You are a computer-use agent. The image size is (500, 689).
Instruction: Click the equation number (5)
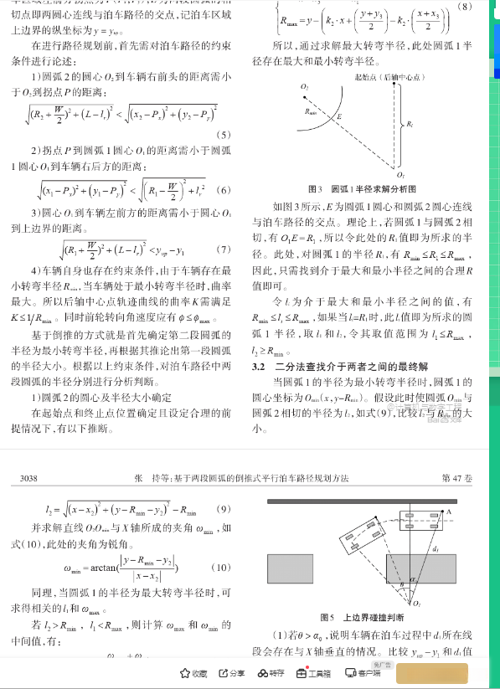[x=224, y=135]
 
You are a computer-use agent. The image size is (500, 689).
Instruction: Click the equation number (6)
[x=224, y=190]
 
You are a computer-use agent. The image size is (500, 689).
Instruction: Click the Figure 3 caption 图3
[x=316, y=189]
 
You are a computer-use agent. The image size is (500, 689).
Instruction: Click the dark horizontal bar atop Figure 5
[x=368, y=502]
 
